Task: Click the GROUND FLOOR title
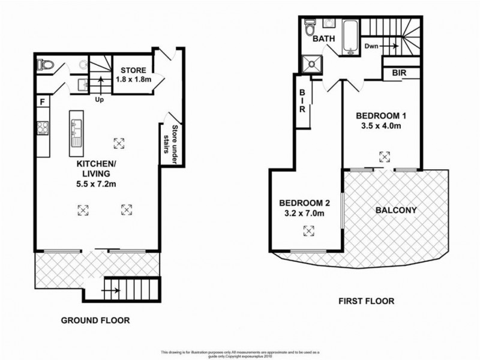pyautogui.click(x=95, y=320)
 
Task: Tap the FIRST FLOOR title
pyautogui.click(x=367, y=301)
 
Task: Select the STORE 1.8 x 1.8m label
pyautogui.click(x=133, y=74)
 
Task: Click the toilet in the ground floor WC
pyautogui.click(x=45, y=65)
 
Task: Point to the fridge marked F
pyautogui.click(x=43, y=101)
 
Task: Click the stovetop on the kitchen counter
pyautogui.click(x=43, y=127)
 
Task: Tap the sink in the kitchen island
pyautogui.click(x=76, y=133)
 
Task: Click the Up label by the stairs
pyautogui.click(x=99, y=100)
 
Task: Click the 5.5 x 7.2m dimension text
pyautogui.click(x=96, y=184)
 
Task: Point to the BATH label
pyautogui.click(x=323, y=39)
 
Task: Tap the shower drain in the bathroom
pyautogui.click(x=312, y=64)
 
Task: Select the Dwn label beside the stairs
pyautogui.click(x=371, y=46)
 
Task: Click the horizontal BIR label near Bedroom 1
pyautogui.click(x=399, y=73)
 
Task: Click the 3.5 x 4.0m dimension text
pyautogui.click(x=381, y=126)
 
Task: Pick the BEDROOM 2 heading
pyautogui.click(x=305, y=203)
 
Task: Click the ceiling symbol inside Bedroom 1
pyautogui.click(x=385, y=157)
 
